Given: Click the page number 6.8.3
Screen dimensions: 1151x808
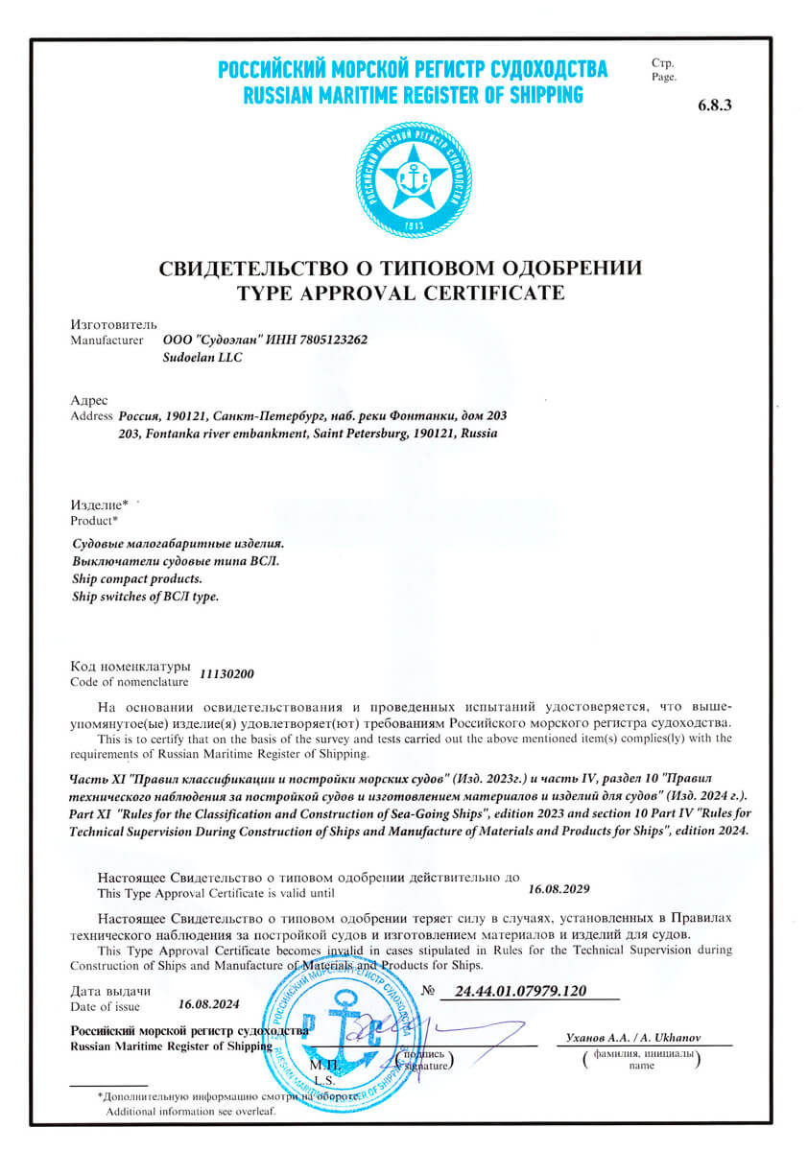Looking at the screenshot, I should (x=715, y=106).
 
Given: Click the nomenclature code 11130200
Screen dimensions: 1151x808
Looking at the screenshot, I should (x=227, y=674).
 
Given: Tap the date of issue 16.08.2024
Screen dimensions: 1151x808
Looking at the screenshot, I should (x=210, y=1005).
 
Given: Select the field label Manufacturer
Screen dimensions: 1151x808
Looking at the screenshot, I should (x=107, y=340).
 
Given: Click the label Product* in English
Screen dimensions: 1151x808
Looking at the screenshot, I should (x=95, y=521).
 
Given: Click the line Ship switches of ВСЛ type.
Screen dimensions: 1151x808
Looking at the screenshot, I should (x=146, y=597).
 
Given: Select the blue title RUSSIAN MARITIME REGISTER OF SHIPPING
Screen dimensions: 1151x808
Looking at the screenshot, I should (x=413, y=94).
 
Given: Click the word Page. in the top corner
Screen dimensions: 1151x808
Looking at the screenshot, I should (x=663, y=77).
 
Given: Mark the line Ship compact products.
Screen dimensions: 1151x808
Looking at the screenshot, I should (x=137, y=579).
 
